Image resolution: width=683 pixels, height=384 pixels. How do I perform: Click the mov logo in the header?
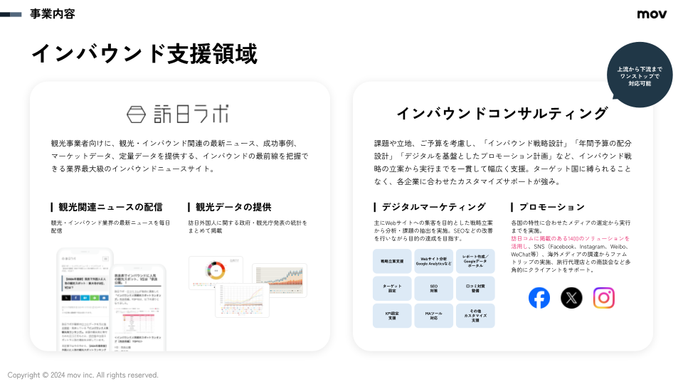click(652, 14)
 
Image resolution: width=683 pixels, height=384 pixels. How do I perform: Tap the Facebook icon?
click(539, 297)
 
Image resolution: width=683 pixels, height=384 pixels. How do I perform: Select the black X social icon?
click(571, 297)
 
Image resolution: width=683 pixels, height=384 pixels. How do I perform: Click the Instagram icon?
click(603, 297)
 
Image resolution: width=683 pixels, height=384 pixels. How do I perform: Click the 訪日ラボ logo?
click(177, 113)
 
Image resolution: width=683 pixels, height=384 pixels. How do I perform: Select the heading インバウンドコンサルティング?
click(502, 113)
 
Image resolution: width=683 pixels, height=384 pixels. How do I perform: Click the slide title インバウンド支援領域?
click(144, 54)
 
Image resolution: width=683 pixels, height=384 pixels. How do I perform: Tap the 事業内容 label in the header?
click(52, 14)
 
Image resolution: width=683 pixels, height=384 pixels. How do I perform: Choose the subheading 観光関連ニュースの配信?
click(110, 207)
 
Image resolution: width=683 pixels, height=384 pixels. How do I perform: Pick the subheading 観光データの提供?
click(233, 207)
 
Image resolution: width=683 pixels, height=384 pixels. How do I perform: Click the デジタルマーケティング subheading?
click(433, 207)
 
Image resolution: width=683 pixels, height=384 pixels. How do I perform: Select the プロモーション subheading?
click(551, 207)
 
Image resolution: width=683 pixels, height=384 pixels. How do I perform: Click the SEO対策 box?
click(433, 289)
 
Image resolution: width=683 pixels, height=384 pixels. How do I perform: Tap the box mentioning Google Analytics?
click(433, 261)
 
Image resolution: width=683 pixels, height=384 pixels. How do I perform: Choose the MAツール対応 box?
click(433, 316)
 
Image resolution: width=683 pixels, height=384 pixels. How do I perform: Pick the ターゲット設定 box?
click(392, 289)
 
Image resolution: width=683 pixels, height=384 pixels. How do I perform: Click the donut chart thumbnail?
click(215, 272)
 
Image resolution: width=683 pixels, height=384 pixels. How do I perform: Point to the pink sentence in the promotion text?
click(569, 242)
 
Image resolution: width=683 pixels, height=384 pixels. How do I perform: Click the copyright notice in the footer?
click(83, 375)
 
